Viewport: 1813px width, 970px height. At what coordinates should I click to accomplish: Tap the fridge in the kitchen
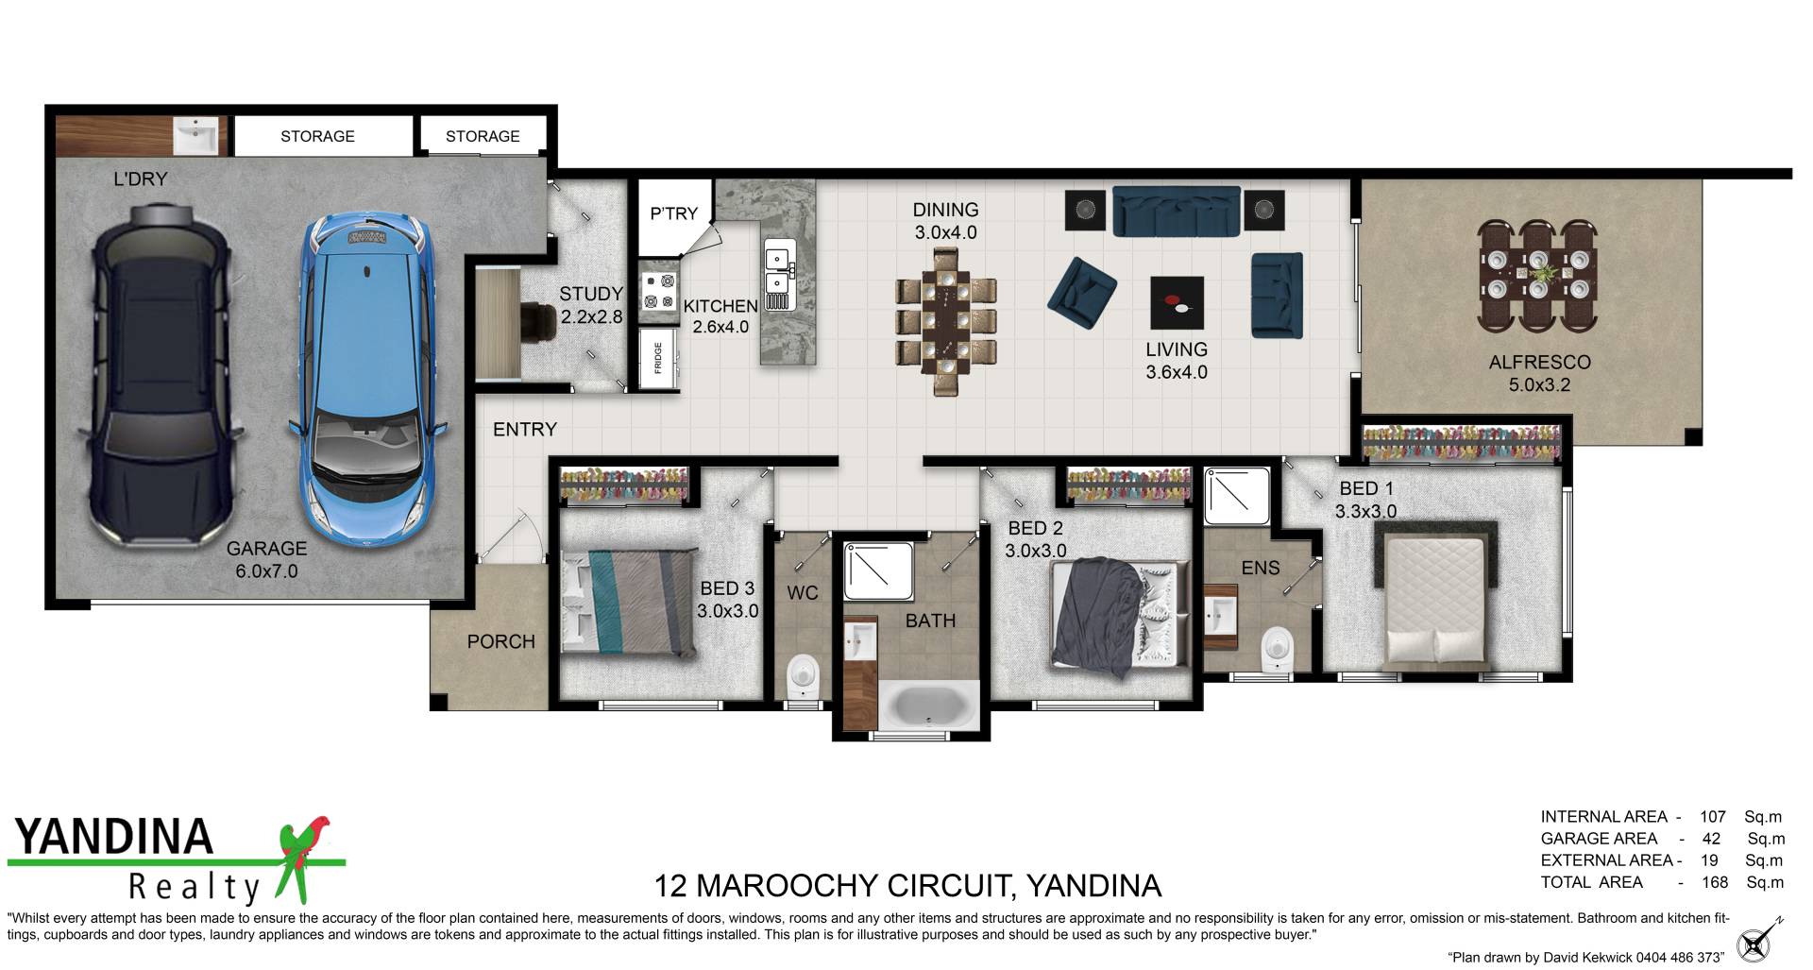[659, 358]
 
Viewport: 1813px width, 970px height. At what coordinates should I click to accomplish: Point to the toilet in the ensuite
[1277, 650]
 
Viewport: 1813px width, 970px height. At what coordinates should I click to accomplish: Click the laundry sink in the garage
[196, 136]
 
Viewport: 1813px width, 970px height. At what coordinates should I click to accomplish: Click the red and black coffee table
[1177, 302]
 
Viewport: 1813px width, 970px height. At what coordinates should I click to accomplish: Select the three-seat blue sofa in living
[1176, 211]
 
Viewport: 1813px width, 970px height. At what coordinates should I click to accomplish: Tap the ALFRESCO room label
[1539, 362]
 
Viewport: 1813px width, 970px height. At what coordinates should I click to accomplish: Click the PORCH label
[500, 641]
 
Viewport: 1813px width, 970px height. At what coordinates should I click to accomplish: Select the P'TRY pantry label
[673, 213]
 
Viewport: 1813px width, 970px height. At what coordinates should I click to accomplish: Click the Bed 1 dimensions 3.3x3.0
[1365, 511]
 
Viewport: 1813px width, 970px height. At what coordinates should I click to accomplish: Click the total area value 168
[1714, 882]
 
